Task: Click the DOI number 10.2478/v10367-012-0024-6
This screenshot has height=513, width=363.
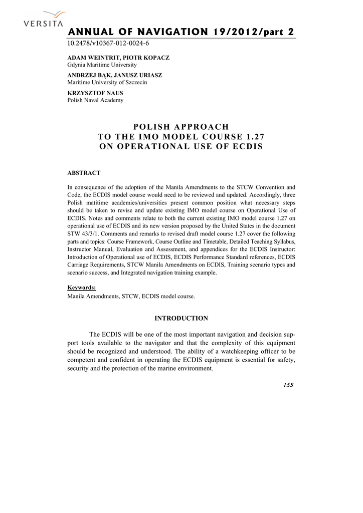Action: point(108,43)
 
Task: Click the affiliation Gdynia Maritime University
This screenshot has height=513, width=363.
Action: point(102,65)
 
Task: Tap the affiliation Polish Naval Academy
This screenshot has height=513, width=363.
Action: point(95,100)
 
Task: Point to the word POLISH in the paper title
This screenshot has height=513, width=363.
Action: point(148,127)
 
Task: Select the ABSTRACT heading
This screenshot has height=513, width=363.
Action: point(84,173)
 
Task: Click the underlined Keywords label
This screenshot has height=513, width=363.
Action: point(82,288)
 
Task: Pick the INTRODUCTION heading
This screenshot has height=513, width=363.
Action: point(181,318)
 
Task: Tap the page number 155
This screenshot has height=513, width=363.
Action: point(288,385)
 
